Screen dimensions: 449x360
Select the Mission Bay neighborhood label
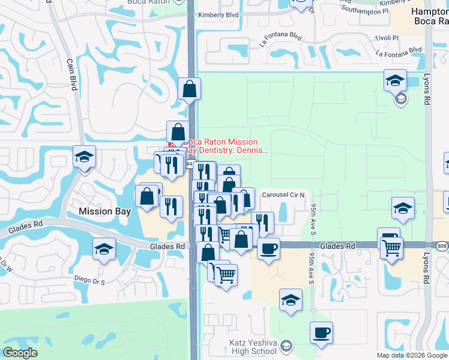click(104, 211)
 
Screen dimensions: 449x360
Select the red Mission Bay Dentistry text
click(225, 146)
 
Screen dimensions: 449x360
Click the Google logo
click(20, 353)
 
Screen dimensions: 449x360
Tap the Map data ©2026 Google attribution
click(412, 355)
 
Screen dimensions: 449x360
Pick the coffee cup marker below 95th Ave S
click(321, 332)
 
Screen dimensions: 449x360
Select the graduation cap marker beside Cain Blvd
click(84, 157)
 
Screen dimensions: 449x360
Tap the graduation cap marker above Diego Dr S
click(104, 248)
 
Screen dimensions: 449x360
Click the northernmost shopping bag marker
click(190, 89)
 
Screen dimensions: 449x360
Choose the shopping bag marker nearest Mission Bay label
click(147, 196)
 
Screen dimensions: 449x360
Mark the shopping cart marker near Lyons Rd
click(391, 246)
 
